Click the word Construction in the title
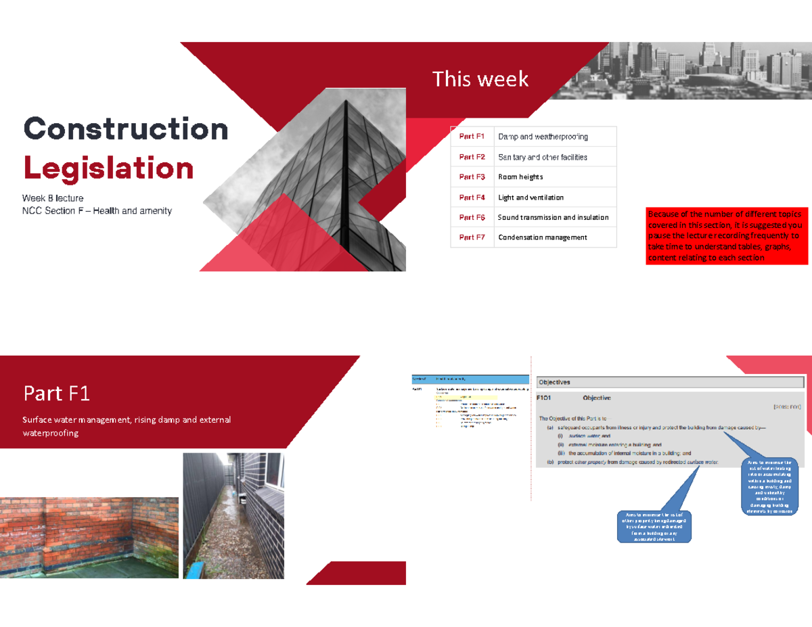(126, 129)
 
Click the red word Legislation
(108, 168)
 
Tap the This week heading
(480, 80)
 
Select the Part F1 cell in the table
(472, 137)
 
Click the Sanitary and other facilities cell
(543, 157)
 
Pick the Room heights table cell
(520, 177)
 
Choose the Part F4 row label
(472, 198)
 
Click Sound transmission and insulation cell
(553, 218)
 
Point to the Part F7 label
(472, 237)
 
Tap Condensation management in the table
(543, 237)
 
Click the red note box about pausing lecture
(727, 235)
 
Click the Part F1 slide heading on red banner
(57, 393)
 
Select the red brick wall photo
(89, 537)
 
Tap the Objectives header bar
(669, 382)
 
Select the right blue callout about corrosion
(771, 486)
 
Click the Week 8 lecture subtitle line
(53, 198)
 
